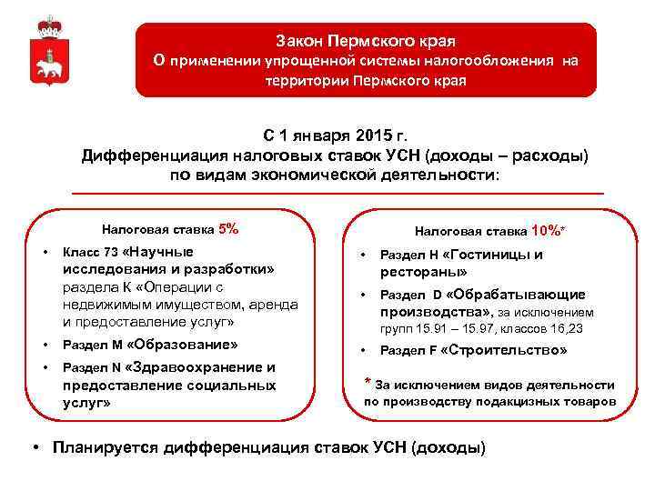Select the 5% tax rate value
[229, 229]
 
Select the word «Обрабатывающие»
[528, 295]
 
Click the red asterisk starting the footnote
[368, 383]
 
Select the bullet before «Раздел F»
[363, 351]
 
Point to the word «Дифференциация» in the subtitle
[154, 155]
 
